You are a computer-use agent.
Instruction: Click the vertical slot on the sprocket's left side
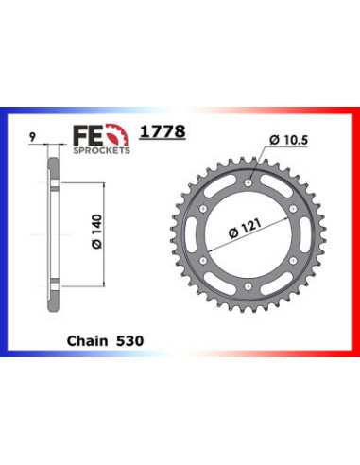point(197,235)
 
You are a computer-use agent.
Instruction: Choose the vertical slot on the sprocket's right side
point(302,235)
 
